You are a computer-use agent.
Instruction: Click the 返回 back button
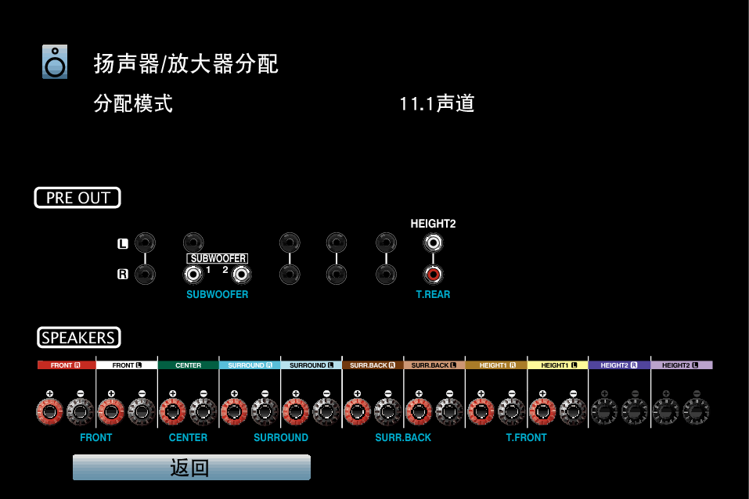pos(192,467)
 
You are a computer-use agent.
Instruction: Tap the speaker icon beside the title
pos(55,62)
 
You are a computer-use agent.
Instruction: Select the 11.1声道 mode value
pos(437,103)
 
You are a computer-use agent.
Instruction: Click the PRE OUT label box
pos(77,198)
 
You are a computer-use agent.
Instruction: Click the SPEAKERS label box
pos(79,338)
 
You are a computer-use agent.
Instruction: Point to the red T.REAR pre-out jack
pos(434,275)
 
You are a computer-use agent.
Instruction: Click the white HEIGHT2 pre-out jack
pos(434,243)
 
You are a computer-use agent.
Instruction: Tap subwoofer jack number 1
pos(193,275)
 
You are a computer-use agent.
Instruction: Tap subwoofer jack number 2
pos(241,275)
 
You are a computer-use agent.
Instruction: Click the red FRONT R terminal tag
pos(67,365)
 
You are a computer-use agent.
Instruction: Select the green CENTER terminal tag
pos(188,365)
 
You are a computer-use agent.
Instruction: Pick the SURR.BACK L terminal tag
pos(434,365)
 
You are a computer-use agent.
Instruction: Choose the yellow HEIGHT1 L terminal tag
pos(558,365)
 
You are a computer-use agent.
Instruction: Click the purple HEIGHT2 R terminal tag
pos(619,365)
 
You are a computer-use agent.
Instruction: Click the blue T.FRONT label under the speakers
pos(527,437)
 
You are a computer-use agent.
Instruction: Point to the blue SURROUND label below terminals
pos(281,437)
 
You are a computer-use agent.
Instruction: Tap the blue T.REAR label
pos(434,294)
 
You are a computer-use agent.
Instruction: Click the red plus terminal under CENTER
pos(172,411)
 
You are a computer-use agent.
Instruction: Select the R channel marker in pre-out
pos(123,274)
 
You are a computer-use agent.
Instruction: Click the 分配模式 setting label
pos(133,103)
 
